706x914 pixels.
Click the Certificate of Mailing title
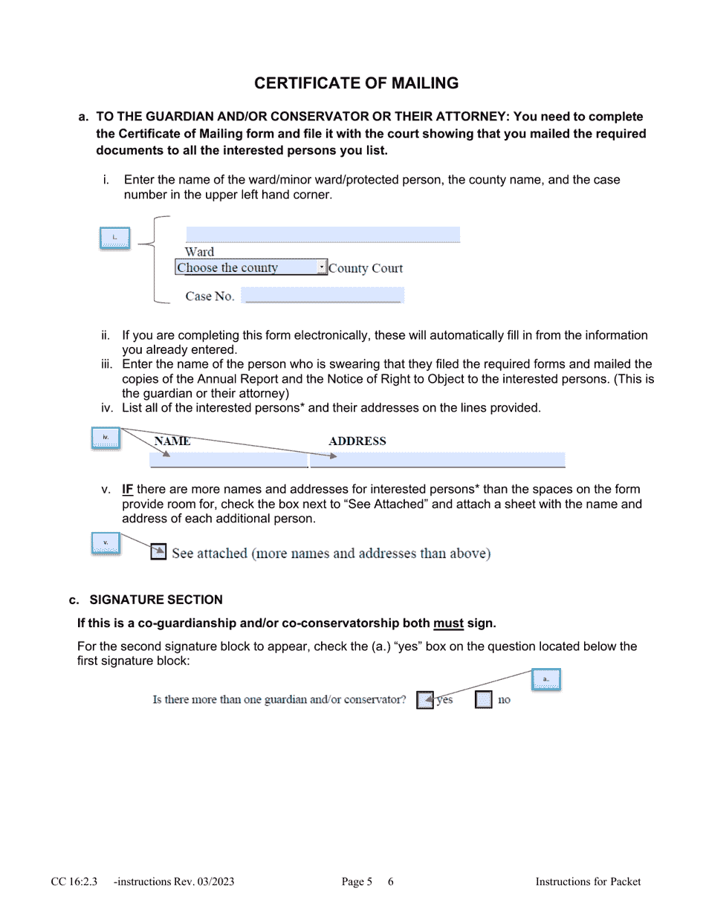coord(356,83)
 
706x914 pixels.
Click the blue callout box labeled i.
coord(114,239)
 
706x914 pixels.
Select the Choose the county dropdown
coord(250,268)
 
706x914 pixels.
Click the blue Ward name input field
coord(323,235)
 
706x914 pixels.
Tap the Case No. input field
coord(323,296)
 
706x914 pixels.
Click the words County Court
coord(366,268)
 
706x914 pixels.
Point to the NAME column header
coord(172,441)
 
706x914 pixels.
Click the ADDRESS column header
coord(357,441)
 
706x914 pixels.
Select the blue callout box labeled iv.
coord(106,438)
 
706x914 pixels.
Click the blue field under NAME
coord(229,460)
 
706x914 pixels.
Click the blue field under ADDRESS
coord(437,460)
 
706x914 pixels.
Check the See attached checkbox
coord(158,552)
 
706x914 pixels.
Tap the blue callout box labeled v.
coord(106,543)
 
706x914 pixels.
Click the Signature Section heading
coord(155,600)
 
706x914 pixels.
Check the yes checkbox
coord(424,700)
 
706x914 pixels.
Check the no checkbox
coord(483,700)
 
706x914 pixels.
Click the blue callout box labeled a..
coord(545,680)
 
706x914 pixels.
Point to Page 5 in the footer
coord(357,882)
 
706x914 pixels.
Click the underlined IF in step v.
coord(128,490)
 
